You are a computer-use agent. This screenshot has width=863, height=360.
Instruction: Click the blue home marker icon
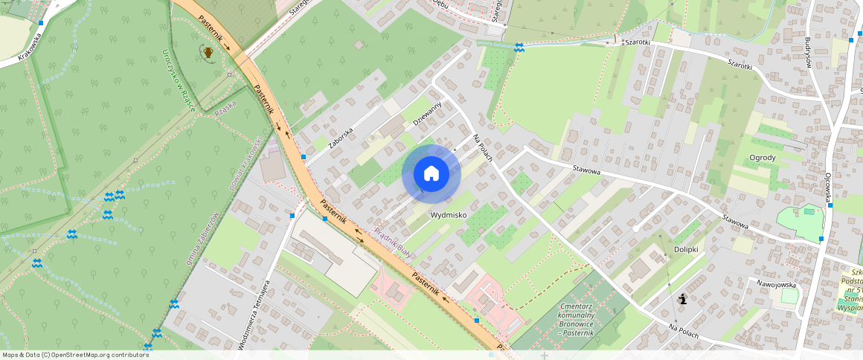[x=431, y=174]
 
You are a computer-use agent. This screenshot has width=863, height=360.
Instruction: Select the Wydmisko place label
[x=449, y=215]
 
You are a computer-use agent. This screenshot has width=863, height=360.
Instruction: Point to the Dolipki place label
[x=685, y=249]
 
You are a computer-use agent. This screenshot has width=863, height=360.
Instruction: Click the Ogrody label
[x=763, y=158]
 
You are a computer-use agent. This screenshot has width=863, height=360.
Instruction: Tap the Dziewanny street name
[x=428, y=113]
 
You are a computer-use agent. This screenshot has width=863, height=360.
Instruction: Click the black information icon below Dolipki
[x=683, y=299]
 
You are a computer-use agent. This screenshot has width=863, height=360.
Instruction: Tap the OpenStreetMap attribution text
[x=75, y=355]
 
